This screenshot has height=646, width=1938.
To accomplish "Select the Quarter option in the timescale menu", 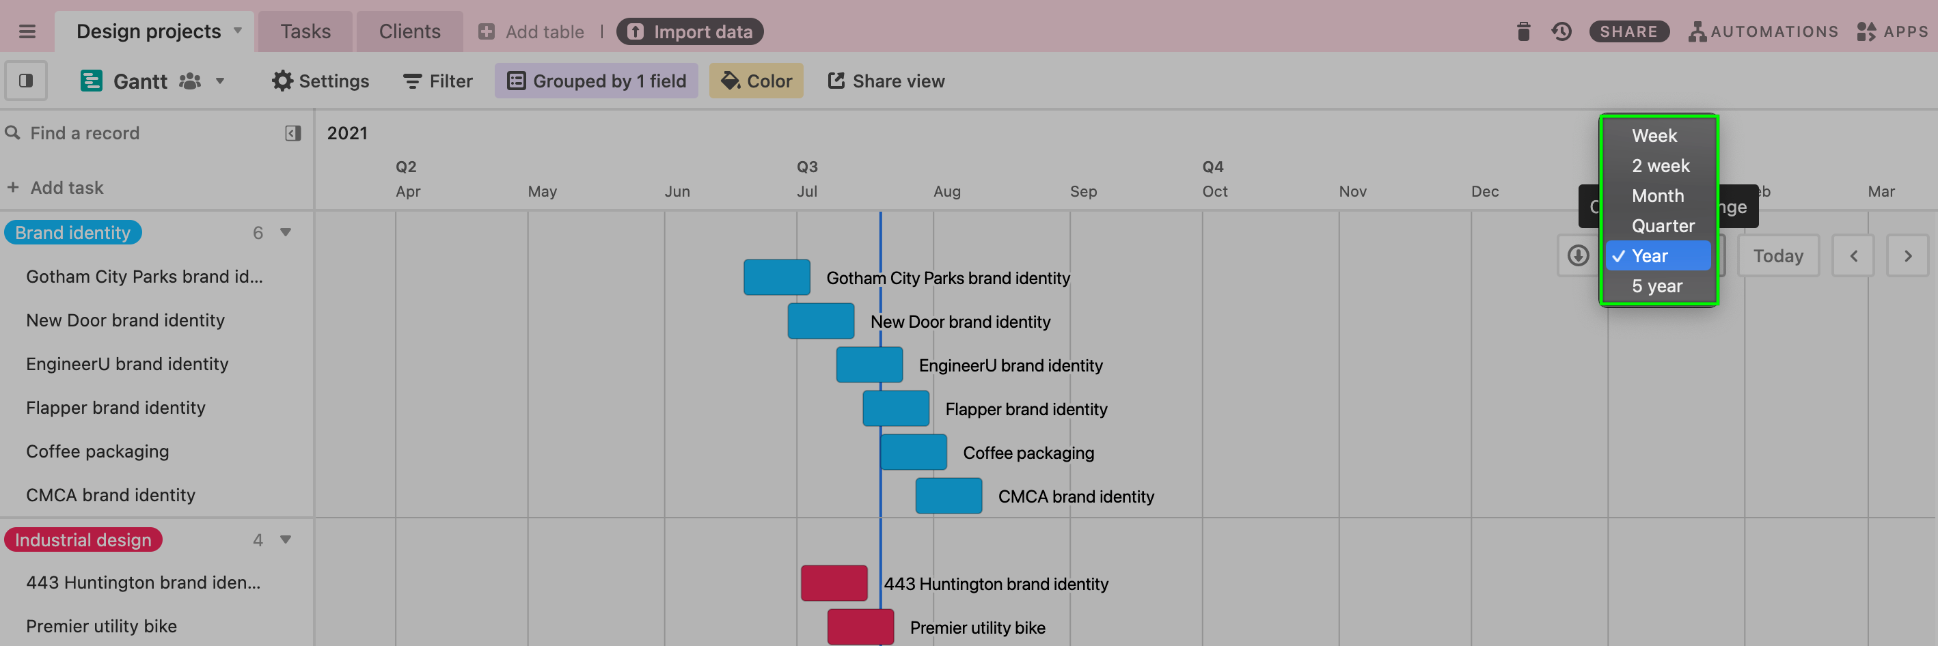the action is (x=1663, y=225).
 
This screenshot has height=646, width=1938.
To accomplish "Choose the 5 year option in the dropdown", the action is (x=1656, y=285).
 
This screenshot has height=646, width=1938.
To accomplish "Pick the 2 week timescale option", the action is (x=1661, y=165).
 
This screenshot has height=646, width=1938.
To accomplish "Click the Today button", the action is (x=1778, y=255).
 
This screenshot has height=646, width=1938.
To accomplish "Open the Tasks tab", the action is (x=305, y=31).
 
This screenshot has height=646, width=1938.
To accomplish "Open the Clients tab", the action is (x=409, y=31).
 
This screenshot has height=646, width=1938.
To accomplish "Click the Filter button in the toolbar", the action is (x=438, y=81).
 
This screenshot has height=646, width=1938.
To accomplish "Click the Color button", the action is (x=756, y=81).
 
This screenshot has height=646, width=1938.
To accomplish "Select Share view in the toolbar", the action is (x=886, y=81).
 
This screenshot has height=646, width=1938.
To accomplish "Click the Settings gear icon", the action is (x=282, y=81).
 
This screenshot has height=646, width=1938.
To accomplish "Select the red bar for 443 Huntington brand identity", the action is (x=834, y=582).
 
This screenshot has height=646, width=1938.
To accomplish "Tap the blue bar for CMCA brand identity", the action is (x=948, y=496).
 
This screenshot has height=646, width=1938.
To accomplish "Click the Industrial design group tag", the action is (x=83, y=540).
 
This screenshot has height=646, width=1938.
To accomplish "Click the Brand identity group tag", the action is (x=73, y=232).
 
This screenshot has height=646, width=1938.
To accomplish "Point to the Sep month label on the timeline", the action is (x=1083, y=191).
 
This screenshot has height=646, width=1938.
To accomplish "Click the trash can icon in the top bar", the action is (x=1523, y=31).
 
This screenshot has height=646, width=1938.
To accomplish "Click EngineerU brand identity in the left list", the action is (x=127, y=364).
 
